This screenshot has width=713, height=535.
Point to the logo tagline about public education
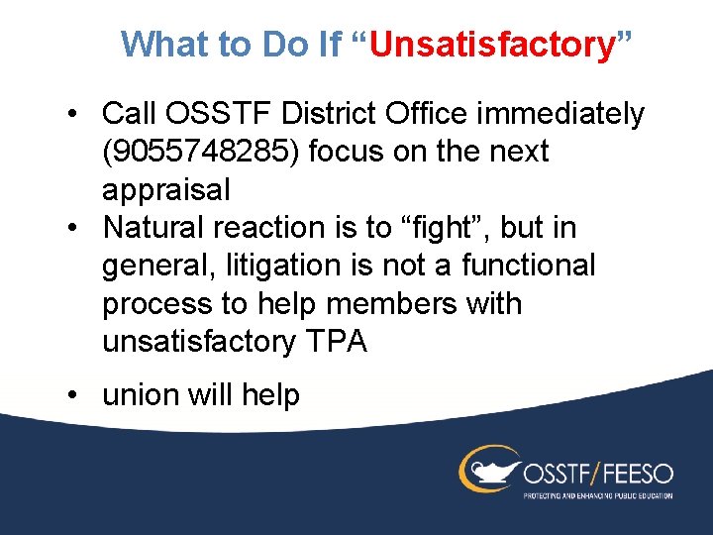point(597,494)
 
